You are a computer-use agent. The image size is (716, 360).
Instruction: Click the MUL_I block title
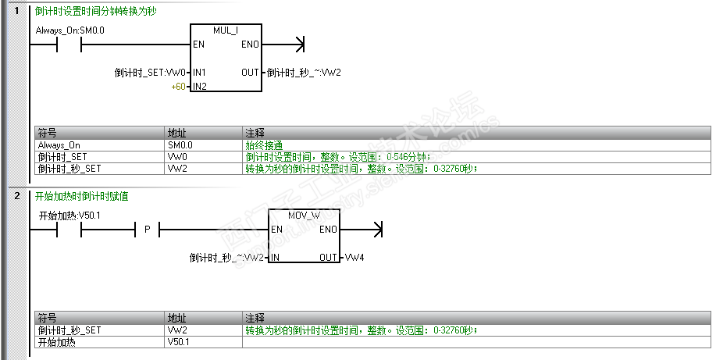pos(226,29)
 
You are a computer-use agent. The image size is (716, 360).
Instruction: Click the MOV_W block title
pos(304,214)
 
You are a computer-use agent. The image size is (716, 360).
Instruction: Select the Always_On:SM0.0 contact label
pos(70,30)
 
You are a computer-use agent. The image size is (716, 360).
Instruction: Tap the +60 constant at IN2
pos(179,86)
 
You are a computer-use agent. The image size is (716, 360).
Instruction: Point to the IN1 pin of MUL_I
pos(199,73)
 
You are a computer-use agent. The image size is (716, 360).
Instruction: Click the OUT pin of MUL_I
pos(250,73)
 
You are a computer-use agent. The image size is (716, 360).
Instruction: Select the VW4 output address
pos(355,257)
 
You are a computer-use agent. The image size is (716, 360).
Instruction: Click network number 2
pos(16,196)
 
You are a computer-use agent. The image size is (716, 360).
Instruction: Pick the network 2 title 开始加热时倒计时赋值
pos(82,197)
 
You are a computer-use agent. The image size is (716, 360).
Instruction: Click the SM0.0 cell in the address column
pos(180,145)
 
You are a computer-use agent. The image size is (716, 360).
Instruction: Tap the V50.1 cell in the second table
pos(179,342)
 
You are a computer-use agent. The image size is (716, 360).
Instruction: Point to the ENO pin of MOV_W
pos(328,230)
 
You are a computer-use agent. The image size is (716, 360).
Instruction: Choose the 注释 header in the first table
pos(255,133)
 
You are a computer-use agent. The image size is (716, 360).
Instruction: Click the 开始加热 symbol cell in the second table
pos(57,342)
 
